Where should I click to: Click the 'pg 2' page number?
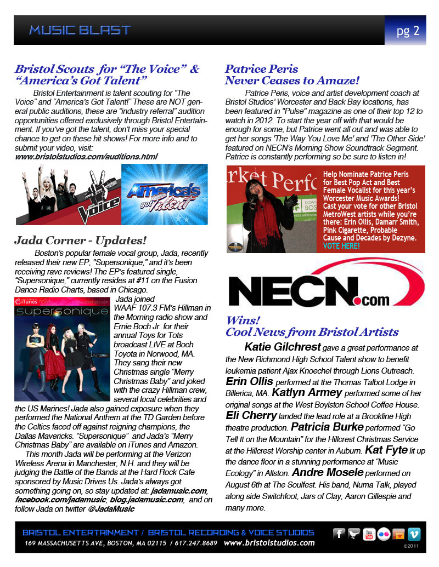(x=408, y=31)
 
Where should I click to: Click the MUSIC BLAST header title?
(x=80, y=30)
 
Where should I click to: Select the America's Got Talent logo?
(x=164, y=194)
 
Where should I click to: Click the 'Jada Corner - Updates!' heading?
(x=81, y=240)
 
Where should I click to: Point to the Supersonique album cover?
(x=62, y=348)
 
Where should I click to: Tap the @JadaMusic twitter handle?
(x=111, y=509)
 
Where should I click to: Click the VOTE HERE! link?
(x=341, y=246)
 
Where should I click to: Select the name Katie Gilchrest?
(x=282, y=347)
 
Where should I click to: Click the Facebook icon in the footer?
(x=339, y=534)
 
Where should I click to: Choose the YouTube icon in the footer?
(x=369, y=534)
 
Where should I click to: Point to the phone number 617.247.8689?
(x=194, y=543)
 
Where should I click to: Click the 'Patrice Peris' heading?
(x=261, y=69)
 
